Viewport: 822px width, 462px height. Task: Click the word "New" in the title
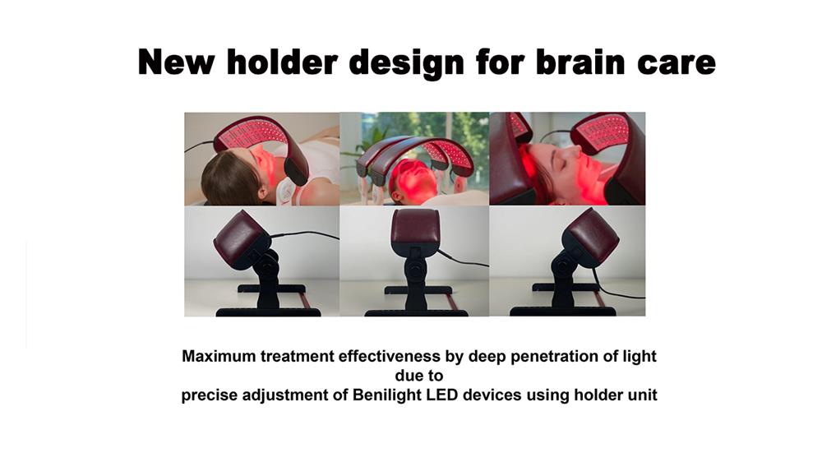click(176, 62)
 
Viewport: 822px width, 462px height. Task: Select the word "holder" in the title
click(282, 62)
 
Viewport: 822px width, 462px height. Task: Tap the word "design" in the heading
click(406, 64)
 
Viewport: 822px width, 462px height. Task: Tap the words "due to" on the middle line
click(419, 376)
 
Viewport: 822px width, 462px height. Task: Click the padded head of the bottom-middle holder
click(415, 229)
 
